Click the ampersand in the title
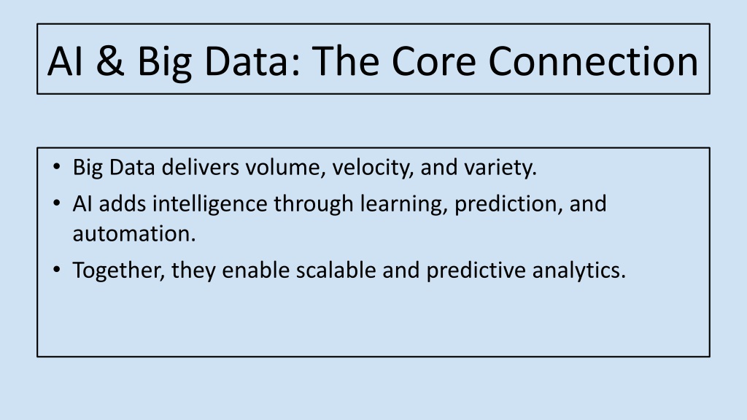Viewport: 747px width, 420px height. pyautogui.click(x=109, y=61)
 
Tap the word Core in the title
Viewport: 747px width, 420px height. pyautogui.click(x=433, y=61)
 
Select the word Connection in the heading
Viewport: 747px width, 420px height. pyautogui.click(x=593, y=61)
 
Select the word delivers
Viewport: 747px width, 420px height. pyautogui.click(x=200, y=167)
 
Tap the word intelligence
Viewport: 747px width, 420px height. pyautogui.click(x=209, y=205)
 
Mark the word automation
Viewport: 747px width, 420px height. pyautogui.click(x=134, y=234)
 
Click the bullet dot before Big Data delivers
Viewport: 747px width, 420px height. pyautogui.click(x=57, y=167)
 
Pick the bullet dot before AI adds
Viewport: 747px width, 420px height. pyautogui.click(x=57, y=204)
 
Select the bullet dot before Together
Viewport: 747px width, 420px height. pyautogui.click(x=57, y=270)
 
